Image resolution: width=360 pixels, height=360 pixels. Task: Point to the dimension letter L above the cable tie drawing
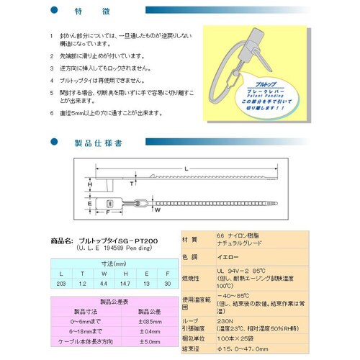187,168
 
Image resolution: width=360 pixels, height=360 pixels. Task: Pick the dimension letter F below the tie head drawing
107,214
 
